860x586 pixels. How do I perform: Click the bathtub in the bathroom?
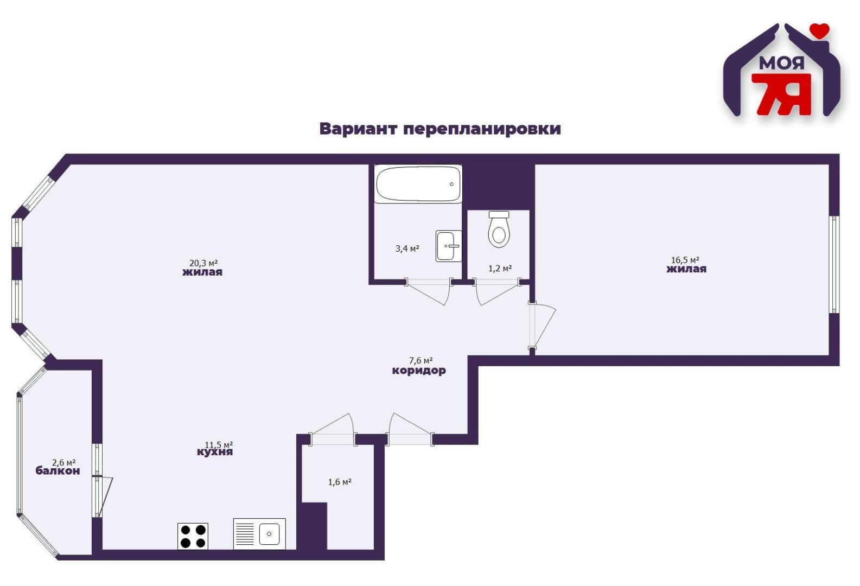pos(418,184)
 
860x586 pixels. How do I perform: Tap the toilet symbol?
pos(499,230)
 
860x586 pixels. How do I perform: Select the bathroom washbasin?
pos(448,246)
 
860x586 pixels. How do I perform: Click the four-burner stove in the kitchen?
pos(193,536)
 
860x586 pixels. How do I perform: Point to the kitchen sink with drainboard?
pos(259,534)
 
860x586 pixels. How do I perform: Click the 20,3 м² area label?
pos(203,263)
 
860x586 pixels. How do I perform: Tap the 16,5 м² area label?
pos(685,260)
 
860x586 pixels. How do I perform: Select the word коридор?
pos(419,371)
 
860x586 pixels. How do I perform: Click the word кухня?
pos(215,452)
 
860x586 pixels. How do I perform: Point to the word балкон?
pos(58,471)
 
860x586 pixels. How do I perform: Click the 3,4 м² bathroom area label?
pos(407,249)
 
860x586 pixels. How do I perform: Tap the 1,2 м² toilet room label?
pos(500,268)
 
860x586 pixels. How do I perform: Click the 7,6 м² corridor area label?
pos(421,360)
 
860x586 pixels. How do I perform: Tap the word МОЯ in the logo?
pos(781,63)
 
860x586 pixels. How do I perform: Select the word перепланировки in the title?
pos(482,130)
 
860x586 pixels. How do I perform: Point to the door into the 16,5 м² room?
pos(542,325)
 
